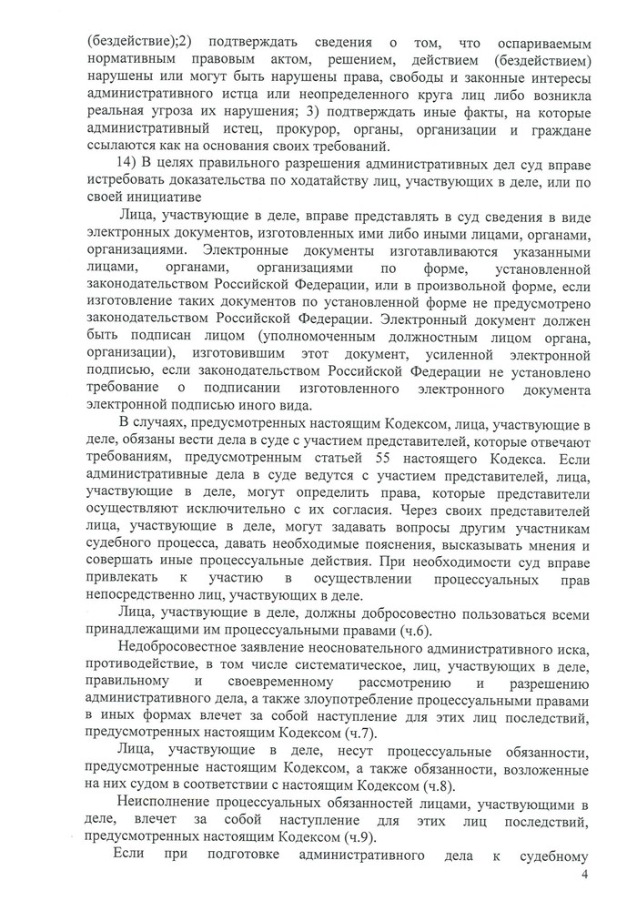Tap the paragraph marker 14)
click(117, 163)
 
